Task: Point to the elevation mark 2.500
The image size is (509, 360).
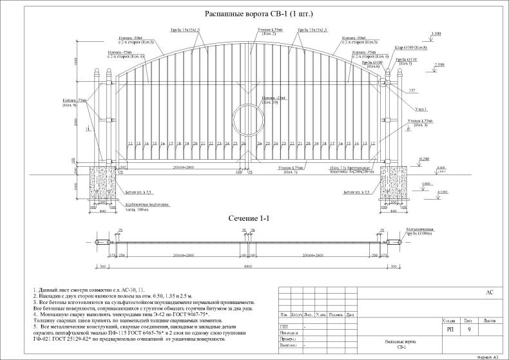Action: coord(440,65)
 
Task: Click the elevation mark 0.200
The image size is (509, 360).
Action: coord(424,158)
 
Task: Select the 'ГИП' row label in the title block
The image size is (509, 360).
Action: coord(284,327)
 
